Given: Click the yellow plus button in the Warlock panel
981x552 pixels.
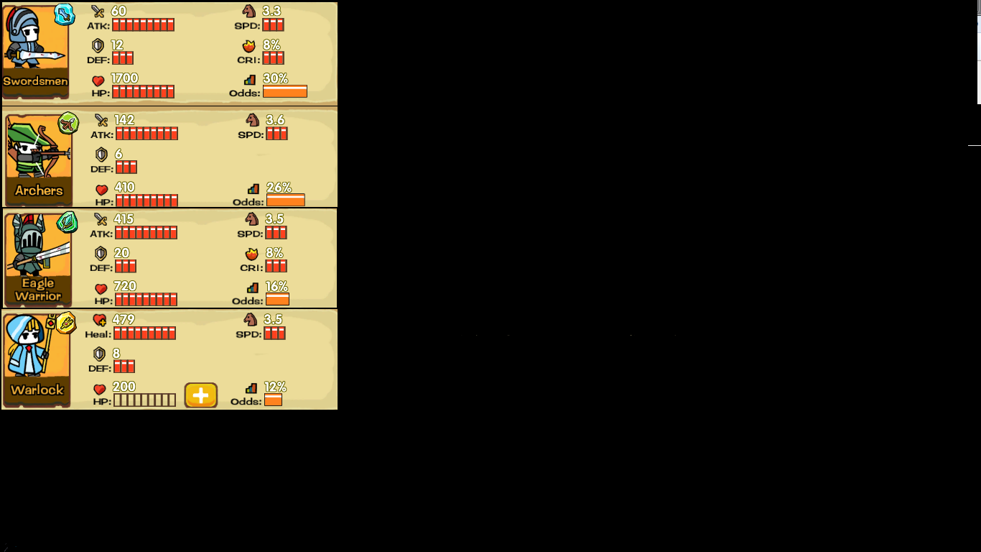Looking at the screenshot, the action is [201, 395].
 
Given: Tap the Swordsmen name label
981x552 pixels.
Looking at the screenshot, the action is [35, 81].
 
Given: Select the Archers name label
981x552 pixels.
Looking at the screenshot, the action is [39, 190].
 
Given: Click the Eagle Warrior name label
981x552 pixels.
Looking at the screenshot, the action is [38, 290].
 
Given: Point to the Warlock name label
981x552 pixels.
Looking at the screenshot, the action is [37, 390].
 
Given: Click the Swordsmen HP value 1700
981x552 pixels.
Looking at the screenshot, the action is [124, 78].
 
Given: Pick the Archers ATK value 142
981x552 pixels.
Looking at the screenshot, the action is [124, 120].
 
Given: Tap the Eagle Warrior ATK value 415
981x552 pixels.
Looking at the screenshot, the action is [124, 219].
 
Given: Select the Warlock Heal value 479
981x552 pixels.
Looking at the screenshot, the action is [124, 320].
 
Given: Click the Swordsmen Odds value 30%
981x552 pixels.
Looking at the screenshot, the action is [275, 78].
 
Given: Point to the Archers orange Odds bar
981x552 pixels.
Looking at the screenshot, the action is [285, 200].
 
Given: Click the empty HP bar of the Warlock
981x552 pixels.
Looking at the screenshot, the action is [144, 400].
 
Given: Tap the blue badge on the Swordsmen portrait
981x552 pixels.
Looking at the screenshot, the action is [65, 14].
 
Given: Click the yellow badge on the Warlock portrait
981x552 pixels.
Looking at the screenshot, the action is [66, 323].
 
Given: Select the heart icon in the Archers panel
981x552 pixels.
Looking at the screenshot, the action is [102, 190].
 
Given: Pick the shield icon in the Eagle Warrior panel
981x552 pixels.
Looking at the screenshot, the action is [101, 253].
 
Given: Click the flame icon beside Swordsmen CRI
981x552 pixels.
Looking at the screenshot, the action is [249, 46].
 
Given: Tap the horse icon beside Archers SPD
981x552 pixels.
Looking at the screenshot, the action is [252, 120].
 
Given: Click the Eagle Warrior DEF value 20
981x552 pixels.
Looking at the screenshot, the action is [121, 253].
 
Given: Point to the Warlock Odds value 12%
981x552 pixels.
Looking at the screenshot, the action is [275, 387].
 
